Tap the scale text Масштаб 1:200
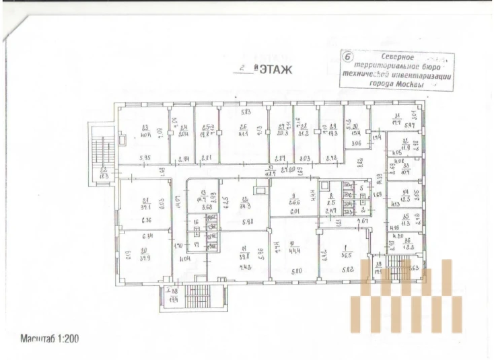pyautogui.click(x=50, y=338)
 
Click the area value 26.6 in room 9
pyautogui.click(x=293, y=201)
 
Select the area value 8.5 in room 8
pyautogui.click(x=331, y=201)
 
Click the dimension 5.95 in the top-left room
pyautogui.click(x=144, y=158)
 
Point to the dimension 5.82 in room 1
pyautogui.click(x=348, y=269)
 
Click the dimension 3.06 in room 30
pyautogui.click(x=357, y=144)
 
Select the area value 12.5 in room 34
pyautogui.click(x=406, y=199)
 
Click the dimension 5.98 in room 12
pyautogui.click(x=246, y=223)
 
